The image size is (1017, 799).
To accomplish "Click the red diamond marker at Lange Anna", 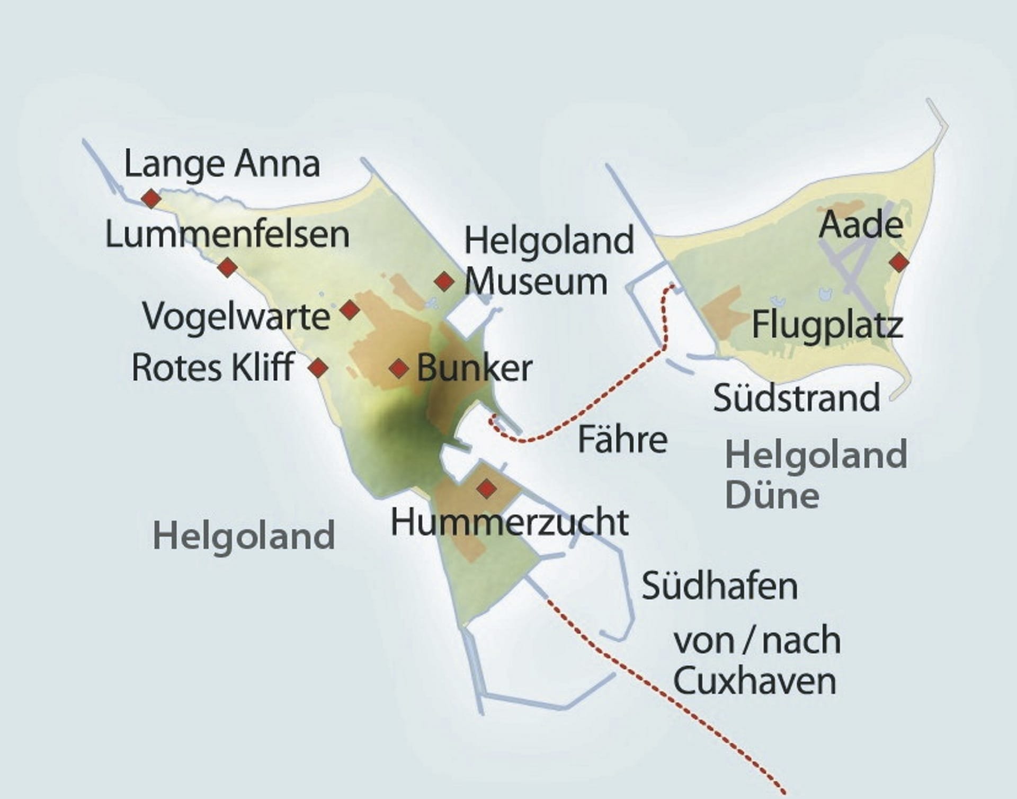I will pos(151,199).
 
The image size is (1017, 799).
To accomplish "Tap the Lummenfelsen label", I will pos(227,235).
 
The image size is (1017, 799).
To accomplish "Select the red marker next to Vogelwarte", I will pos(350,309).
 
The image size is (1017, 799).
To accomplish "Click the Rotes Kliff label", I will pos(213,367).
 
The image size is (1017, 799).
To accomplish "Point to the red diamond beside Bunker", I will pos(399,368).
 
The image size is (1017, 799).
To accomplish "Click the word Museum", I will pos(536,281).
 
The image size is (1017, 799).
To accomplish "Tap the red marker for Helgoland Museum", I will pos(444,281).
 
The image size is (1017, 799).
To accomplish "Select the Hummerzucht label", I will pos(510,522).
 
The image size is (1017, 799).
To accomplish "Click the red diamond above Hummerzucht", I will pos(487,488).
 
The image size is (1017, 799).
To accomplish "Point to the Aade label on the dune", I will pos(861,224).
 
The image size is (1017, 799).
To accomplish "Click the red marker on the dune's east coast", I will pos(899,262).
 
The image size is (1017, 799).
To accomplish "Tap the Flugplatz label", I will pos(827,325).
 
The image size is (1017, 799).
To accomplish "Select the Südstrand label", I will pos(797,397).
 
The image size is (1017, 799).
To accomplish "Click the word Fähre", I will pos(622,439).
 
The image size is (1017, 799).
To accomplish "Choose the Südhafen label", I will pos(720,585).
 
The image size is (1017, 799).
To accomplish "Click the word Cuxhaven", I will pos(755,681).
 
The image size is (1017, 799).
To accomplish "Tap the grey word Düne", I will pos(772,495).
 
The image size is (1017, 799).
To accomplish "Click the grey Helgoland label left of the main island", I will pos(244,536).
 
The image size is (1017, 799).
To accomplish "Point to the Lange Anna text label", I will pos(222,164).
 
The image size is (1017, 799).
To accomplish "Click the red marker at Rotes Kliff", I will pos(318,367).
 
